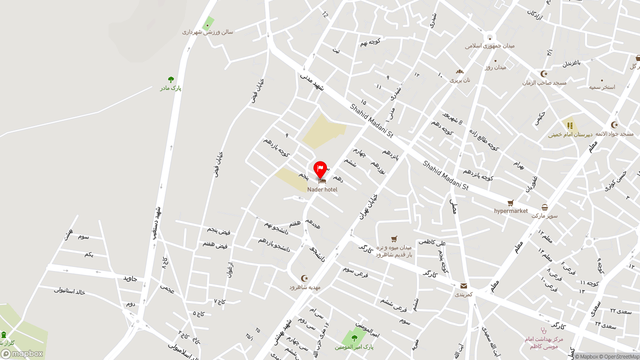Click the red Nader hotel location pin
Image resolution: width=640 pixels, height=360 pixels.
click(x=320, y=169)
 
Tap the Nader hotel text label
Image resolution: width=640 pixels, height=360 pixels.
click(x=322, y=189)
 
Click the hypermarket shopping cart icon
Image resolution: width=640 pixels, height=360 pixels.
click(x=510, y=203)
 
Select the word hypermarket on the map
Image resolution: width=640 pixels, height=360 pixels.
click(x=510, y=211)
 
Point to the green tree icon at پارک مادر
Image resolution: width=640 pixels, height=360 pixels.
click(x=171, y=80)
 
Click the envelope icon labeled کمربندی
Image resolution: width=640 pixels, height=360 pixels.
click(x=463, y=286)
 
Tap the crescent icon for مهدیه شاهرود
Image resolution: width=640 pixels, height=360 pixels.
click(x=304, y=278)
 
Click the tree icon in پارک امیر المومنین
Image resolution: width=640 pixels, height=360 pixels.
click(x=354, y=338)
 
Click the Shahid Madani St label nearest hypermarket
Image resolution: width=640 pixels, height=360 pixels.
click(x=445, y=175)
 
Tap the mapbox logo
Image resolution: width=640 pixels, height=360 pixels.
click(x=22, y=353)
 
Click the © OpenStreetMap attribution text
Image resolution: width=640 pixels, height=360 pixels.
click(x=620, y=356)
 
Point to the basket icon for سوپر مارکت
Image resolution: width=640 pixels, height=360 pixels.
click(x=544, y=207)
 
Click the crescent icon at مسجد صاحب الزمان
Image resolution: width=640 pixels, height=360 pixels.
click(x=544, y=74)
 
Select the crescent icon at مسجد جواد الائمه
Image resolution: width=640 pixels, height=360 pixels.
click(x=614, y=125)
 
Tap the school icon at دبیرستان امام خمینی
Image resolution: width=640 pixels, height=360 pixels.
click(x=570, y=125)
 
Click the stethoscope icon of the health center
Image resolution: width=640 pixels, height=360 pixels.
click(x=544, y=330)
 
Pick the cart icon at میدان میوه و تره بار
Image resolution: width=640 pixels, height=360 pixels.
click(x=394, y=239)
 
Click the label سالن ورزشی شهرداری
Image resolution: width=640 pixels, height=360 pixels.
click(x=207, y=32)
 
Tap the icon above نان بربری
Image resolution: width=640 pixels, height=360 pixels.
click(x=459, y=71)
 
